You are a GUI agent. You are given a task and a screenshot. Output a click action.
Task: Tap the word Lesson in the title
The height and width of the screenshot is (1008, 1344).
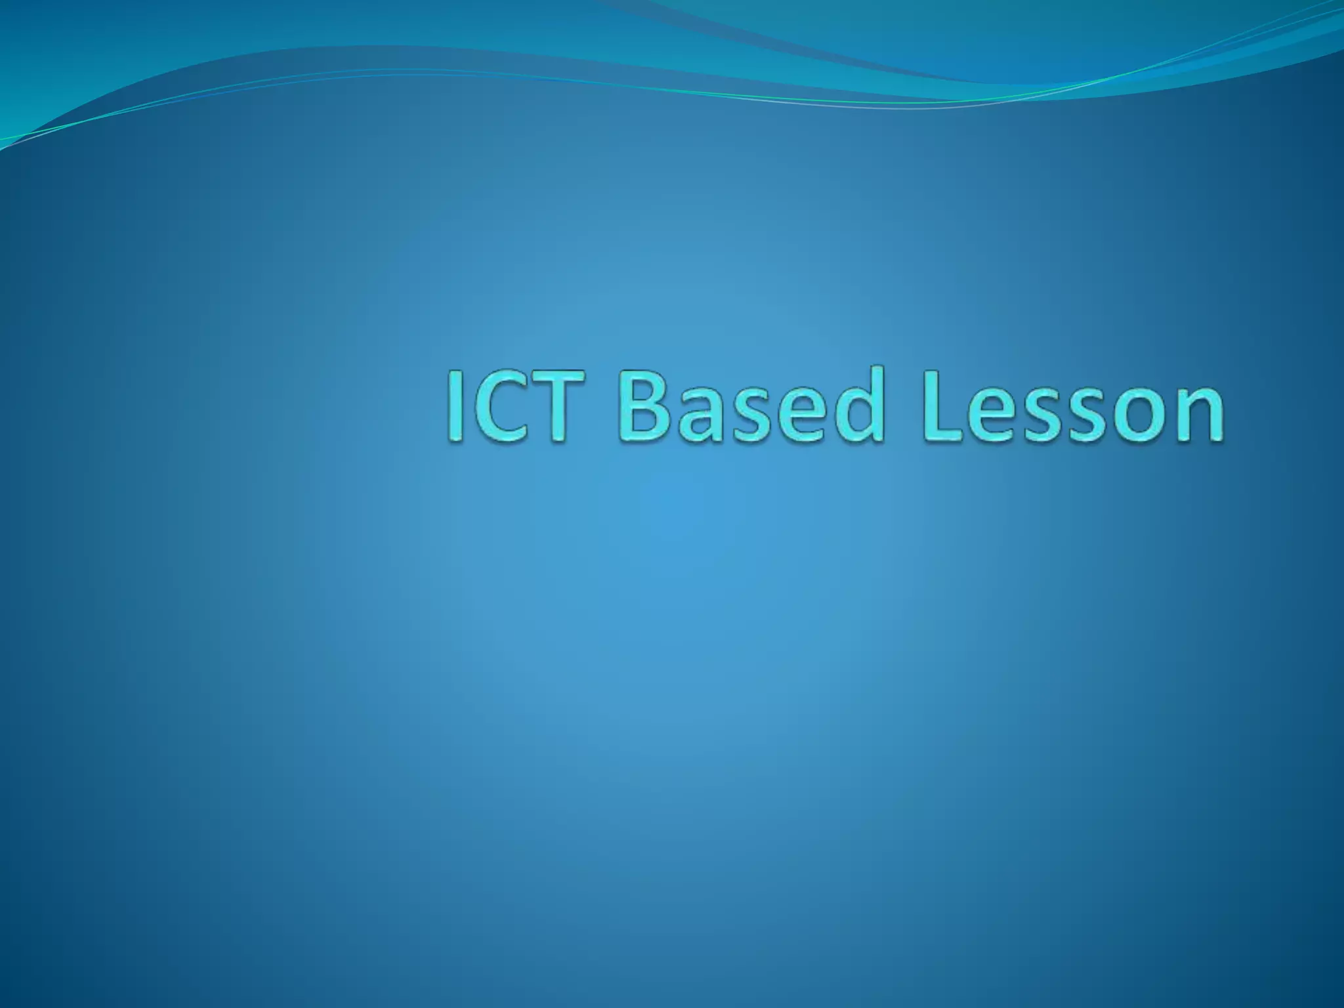point(1072,406)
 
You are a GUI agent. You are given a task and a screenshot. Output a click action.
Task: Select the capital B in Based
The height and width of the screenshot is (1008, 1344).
point(642,406)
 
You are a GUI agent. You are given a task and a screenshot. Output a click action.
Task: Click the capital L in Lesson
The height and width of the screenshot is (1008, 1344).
point(942,406)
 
